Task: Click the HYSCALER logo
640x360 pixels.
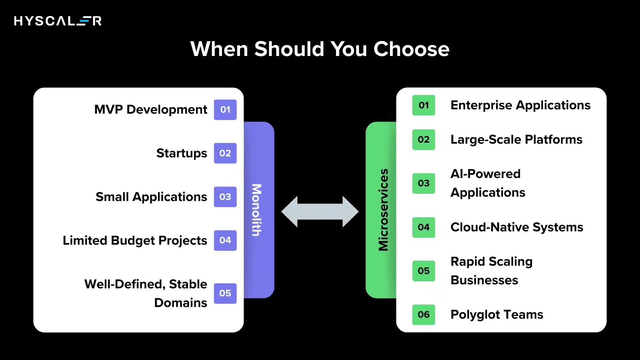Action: tap(58, 21)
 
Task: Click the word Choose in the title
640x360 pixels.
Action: tap(411, 49)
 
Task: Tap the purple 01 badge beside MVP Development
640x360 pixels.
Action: tap(225, 110)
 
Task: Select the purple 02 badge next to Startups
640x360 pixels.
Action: tap(225, 153)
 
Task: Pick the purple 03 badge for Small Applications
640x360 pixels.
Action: tap(225, 197)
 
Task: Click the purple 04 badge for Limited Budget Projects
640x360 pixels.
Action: tap(225, 240)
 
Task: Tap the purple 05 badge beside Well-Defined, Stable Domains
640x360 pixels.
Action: tap(225, 293)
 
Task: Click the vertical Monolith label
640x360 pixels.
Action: tap(256, 210)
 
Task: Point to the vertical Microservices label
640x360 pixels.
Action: tap(383, 210)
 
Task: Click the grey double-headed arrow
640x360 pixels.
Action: tap(320, 212)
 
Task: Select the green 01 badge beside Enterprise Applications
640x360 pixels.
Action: tap(423, 105)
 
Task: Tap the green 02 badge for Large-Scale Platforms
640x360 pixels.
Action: tap(423, 140)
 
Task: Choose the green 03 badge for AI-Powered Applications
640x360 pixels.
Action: tap(423, 183)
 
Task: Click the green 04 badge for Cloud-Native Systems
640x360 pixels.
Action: tap(423, 227)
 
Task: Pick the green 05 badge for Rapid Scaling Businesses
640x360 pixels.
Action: tap(423, 271)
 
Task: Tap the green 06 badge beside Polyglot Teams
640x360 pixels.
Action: tap(423, 315)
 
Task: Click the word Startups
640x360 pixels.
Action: tap(182, 153)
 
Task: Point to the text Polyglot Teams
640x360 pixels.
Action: tap(497, 315)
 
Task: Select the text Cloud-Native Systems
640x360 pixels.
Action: tap(517, 227)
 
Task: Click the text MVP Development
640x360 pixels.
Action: tap(151, 110)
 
